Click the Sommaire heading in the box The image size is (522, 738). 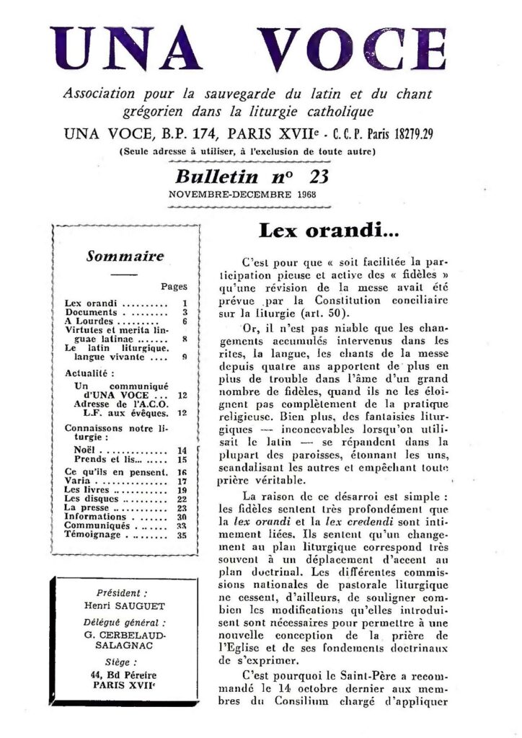tap(125, 256)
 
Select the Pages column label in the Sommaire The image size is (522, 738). tap(174, 286)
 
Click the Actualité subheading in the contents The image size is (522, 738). tap(85, 375)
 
